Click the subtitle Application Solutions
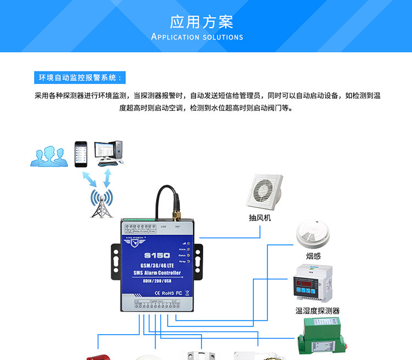pos(197,37)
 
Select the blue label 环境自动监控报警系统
pos(80,77)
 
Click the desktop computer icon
pos(108,153)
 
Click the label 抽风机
pos(260,218)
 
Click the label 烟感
pos(313,256)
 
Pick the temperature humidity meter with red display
pos(313,283)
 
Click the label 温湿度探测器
pos(318,311)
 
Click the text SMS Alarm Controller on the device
pos(157,273)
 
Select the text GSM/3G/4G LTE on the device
pos(157,266)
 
